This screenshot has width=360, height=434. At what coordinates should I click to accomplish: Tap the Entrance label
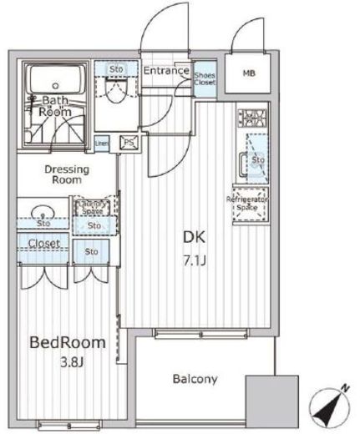point(166,71)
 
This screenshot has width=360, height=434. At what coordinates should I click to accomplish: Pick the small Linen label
point(101,143)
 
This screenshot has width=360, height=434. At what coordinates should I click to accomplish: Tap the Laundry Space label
point(90,206)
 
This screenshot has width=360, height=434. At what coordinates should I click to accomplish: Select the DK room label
point(194,235)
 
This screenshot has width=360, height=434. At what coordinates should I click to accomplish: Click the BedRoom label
point(68,342)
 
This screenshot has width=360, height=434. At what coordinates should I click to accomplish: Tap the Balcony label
point(195,379)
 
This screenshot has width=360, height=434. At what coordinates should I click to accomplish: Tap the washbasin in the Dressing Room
point(39,209)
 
